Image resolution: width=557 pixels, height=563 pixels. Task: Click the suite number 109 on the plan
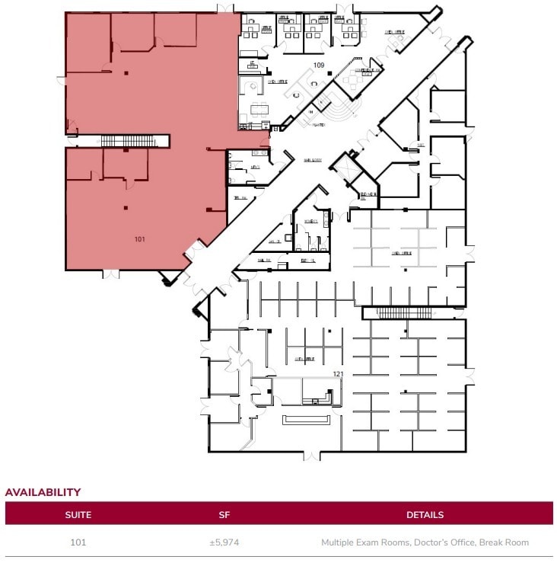319,66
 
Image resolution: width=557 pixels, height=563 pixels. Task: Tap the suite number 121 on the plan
339,374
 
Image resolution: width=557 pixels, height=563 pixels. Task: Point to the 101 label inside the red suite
140,239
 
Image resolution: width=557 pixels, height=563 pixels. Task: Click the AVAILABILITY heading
43,492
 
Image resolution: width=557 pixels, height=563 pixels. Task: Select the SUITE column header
78,514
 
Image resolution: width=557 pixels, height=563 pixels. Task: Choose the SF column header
224,514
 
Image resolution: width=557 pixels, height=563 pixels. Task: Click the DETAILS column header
425,514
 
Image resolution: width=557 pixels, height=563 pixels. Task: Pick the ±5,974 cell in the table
224,542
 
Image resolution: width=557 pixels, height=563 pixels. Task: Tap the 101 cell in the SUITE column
78,542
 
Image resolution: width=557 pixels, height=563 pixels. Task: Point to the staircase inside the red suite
127,141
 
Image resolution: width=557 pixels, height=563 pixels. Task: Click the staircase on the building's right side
404,313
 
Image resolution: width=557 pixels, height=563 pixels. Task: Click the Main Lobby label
313,160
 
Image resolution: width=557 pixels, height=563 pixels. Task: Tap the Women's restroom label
310,222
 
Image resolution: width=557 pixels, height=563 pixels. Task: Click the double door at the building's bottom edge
310,456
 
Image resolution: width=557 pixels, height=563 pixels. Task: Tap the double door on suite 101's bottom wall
111,273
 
